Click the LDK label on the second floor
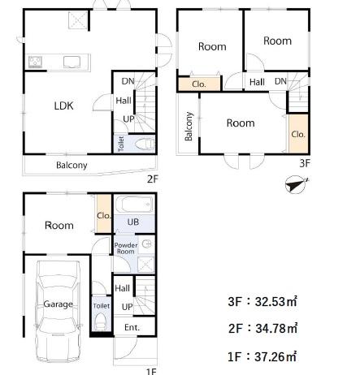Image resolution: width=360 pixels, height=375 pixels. [63, 106]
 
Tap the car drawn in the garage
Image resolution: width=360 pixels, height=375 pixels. [58, 311]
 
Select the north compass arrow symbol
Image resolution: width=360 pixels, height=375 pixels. [297, 184]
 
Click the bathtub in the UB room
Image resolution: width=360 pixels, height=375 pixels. [134, 205]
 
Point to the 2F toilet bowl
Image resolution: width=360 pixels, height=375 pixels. [145, 144]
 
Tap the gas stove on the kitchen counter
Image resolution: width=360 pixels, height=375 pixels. [35, 62]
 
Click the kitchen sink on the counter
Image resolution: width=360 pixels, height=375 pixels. [72, 62]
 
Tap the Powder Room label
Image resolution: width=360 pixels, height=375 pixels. [126, 248]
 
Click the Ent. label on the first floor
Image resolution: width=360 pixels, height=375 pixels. [132, 327]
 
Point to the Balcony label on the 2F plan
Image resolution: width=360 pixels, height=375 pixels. [72, 165]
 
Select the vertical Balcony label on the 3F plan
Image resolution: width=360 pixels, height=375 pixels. [189, 126]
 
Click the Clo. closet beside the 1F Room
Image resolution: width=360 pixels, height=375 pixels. [104, 214]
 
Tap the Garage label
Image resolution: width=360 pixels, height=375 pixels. [58, 304]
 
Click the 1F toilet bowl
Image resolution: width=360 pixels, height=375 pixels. [101, 321]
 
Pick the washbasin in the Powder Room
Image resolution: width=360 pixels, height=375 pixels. [146, 244]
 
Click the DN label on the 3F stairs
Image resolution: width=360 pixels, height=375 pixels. [280, 81]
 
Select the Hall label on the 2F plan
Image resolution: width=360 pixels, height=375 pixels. [124, 101]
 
